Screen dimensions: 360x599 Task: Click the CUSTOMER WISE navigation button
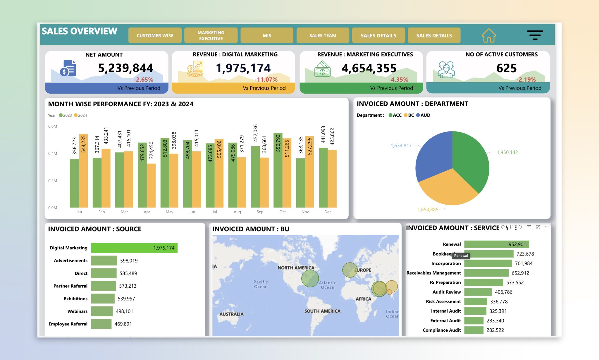point(155,35)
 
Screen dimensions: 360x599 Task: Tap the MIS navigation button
point(267,35)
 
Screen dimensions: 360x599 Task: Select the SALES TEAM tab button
point(323,35)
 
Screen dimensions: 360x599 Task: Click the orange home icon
point(489,35)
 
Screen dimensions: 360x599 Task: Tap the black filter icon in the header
point(535,35)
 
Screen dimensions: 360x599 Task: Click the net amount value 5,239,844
point(125,68)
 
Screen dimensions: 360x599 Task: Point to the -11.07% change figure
point(266,79)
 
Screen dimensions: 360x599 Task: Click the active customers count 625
point(506,68)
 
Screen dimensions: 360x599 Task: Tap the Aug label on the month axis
point(237,212)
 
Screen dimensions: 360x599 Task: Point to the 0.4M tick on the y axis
point(53,153)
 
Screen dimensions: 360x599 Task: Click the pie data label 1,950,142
point(507,152)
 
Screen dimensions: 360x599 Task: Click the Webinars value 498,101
point(124,311)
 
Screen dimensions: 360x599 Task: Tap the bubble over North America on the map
point(310,278)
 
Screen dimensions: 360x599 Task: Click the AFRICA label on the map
point(363,299)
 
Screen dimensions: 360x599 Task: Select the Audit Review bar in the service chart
point(478,292)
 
